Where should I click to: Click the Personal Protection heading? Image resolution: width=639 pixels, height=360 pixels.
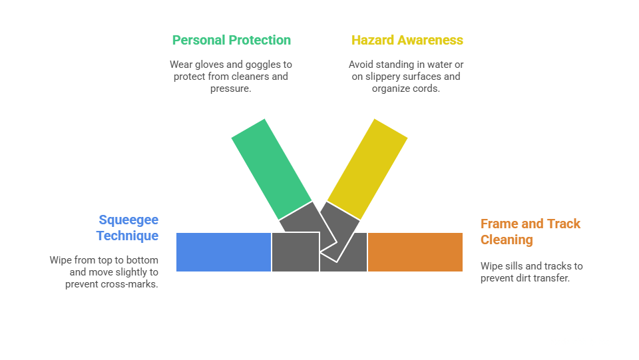[x=231, y=40]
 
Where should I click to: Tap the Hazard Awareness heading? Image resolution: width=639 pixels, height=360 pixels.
[x=407, y=40]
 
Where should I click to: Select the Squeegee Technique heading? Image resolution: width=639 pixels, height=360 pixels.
[x=128, y=228]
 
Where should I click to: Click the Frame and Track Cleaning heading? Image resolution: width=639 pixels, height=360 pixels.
[x=531, y=232]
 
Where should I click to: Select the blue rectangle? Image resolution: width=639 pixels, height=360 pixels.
[x=224, y=252]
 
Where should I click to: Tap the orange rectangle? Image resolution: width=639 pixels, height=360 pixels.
[x=415, y=252]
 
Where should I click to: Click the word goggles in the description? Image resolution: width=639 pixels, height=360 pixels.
[x=266, y=65]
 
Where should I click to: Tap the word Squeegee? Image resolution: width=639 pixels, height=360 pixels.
[x=128, y=220]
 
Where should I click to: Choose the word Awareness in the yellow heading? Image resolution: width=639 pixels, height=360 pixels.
[x=430, y=40]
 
